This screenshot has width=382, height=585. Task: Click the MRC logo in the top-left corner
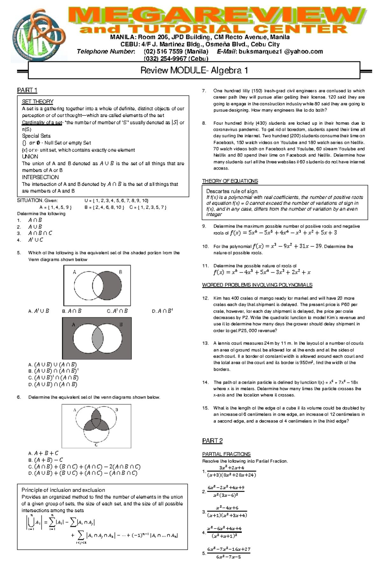coord(38,35)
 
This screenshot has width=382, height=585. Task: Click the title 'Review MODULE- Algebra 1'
coord(194,70)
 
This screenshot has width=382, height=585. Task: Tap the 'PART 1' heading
coord(27,90)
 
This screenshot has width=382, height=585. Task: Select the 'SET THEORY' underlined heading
coord(38,102)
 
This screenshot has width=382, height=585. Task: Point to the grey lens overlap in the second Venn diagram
coord(98,338)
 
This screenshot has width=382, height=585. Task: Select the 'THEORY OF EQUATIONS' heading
coord(230,181)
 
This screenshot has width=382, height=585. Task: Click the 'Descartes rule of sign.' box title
coord(232,191)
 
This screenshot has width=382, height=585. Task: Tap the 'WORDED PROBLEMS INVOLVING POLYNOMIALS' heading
coord(257,285)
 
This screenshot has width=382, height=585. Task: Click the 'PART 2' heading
coord(212,441)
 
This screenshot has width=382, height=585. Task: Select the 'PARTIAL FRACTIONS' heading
coord(226,454)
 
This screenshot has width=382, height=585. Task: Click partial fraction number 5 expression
coord(229,553)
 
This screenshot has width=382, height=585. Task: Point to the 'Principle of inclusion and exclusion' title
coord(63,490)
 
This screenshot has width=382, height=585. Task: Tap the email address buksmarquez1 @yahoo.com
coord(281,52)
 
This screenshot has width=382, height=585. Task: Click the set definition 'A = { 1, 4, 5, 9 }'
coord(55,207)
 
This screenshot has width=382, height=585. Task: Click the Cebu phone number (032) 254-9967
coord(176,59)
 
